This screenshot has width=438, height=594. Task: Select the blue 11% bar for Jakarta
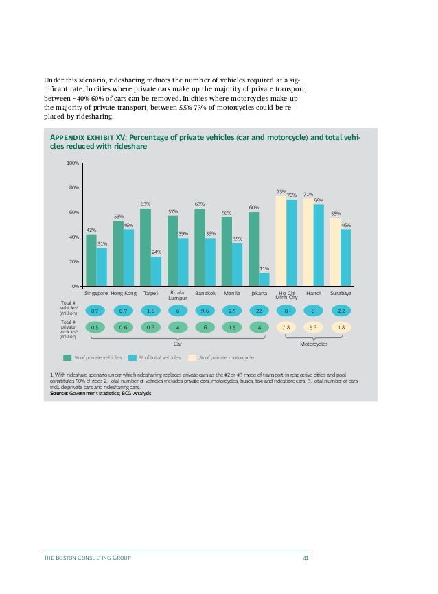coord(264,279)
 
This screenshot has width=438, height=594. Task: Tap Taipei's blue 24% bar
coord(157,271)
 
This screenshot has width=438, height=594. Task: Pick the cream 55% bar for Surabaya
coord(335,251)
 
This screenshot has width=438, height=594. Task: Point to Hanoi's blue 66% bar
coord(319,245)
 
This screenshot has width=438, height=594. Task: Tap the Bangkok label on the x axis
coord(205,293)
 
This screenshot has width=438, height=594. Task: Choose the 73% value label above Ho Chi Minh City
coord(281,192)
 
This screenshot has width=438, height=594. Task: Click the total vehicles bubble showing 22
coord(259,311)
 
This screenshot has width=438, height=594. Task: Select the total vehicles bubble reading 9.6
coord(205,311)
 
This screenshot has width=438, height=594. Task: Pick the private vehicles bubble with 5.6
coord(313,328)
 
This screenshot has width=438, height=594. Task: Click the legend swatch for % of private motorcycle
coord(192,357)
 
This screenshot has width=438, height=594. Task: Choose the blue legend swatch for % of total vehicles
coord(132,357)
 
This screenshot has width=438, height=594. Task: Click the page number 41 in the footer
coord(305,558)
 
